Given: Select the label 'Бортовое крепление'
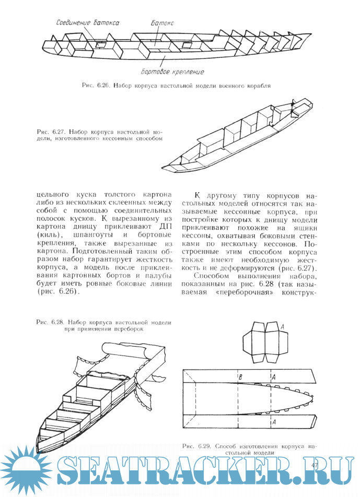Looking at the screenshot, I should (x=172, y=72).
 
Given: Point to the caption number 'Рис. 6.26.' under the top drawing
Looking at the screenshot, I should (x=95, y=85).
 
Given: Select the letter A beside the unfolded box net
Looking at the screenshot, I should (x=283, y=326).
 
